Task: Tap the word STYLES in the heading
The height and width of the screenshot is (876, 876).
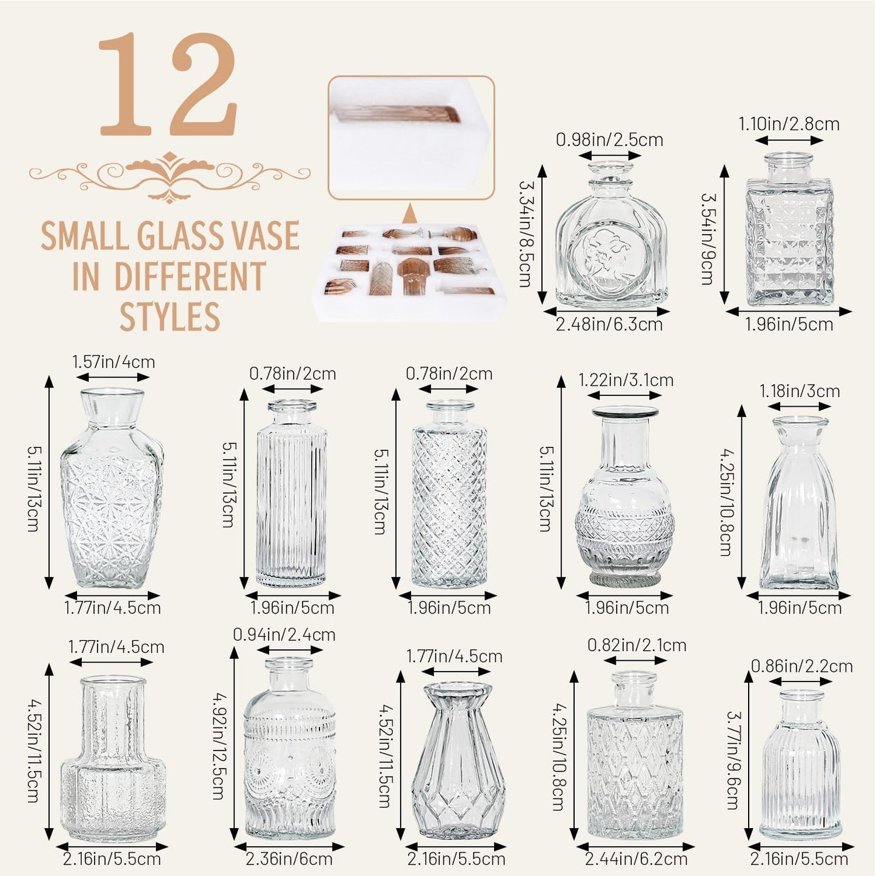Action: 170,316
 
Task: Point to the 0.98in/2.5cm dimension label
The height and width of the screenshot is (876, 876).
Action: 609,140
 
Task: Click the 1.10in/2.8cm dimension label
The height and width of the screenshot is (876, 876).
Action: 789,124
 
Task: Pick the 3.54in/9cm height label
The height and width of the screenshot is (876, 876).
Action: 707,239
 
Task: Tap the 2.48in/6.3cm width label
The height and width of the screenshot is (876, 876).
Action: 609,324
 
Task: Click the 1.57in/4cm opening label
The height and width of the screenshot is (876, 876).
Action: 113,362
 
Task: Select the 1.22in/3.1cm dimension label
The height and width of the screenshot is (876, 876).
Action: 626,380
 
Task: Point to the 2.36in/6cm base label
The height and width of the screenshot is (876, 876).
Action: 289,859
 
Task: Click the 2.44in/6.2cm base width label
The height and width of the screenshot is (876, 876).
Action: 636,859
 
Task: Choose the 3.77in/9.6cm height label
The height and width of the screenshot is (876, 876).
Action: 733,760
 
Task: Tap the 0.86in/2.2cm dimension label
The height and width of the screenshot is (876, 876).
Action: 801,666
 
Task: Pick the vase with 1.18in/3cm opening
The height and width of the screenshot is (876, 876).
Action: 800,503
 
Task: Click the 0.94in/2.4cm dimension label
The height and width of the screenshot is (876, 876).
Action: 284,635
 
